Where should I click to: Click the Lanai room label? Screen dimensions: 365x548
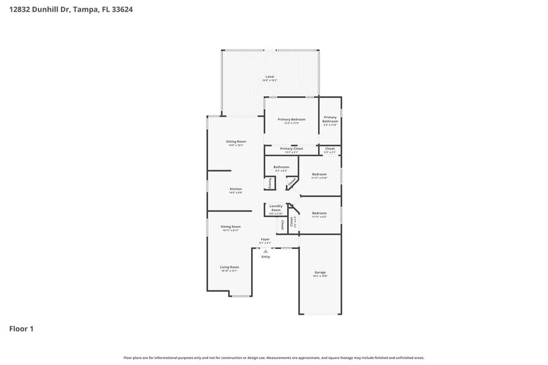click(270, 77)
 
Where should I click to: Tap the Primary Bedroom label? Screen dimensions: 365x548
click(291, 119)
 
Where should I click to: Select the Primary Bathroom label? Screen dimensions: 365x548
click(330, 119)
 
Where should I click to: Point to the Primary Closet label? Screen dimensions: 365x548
click(291, 149)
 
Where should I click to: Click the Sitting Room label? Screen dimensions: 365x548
click(236, 142)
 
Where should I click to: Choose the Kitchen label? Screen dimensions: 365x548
click(235, 189)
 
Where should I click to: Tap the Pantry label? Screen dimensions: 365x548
click(270, 183)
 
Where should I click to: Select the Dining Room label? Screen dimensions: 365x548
click(231, 227)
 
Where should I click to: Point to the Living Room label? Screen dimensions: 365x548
click(229, 267)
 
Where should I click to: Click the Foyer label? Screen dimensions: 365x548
click(265, 239)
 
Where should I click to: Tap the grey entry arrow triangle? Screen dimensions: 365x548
click(265, 251)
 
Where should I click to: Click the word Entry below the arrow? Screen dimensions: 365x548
click(266, 256)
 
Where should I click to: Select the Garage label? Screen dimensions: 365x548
click(320, 273)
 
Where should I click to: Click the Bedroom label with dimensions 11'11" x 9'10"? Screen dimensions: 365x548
click(319, 174)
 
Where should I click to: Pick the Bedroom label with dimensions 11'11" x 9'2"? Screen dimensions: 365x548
click(319, 213)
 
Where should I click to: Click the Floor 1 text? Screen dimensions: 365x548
click(21, 328)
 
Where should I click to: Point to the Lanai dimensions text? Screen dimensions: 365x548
click(270, 81)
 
